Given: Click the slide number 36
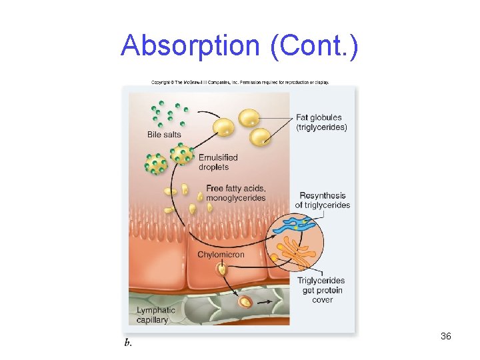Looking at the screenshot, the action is point(446,336).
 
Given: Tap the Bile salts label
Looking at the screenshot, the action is point(164,135).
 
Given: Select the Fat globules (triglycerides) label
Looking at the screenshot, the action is point(321,123).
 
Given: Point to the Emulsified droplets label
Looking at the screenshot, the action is point(218,162).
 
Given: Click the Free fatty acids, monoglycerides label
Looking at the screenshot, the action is point(235,193).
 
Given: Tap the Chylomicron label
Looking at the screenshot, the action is point(221,255).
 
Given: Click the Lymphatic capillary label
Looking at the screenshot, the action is point(156,315).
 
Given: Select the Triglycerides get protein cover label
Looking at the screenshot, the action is point(322,290).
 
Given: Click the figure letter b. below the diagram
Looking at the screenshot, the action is point(128,342).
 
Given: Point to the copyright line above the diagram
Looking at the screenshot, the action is point(240,83).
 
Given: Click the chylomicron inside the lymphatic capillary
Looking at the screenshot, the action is point(245,302).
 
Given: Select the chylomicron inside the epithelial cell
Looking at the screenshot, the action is point(221,269).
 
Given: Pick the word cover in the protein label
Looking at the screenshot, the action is point(322,299).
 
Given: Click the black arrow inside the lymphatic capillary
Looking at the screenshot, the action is point(266,302).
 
